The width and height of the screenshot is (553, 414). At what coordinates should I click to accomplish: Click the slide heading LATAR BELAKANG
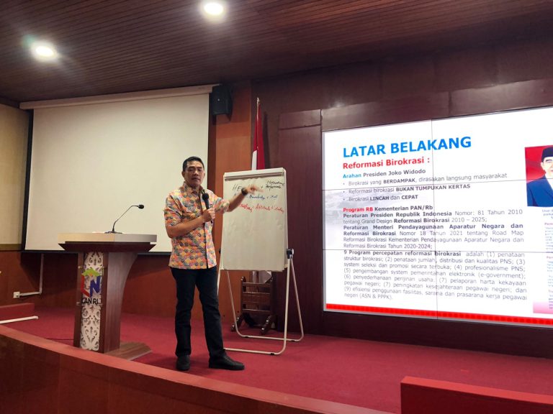pos(406,147)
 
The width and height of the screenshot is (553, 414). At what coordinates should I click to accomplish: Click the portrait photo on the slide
pos(539,175)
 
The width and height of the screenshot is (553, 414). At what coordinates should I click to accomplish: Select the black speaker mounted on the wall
pos(221,101)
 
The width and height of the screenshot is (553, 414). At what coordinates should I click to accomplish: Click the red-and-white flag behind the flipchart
pos(258,140)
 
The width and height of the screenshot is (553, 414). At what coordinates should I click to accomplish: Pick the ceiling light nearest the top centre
pos(213,9)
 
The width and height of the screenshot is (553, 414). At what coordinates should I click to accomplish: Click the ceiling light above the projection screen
pos(45,51)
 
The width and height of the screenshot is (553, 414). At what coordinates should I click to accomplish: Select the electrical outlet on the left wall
pos(17,294)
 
